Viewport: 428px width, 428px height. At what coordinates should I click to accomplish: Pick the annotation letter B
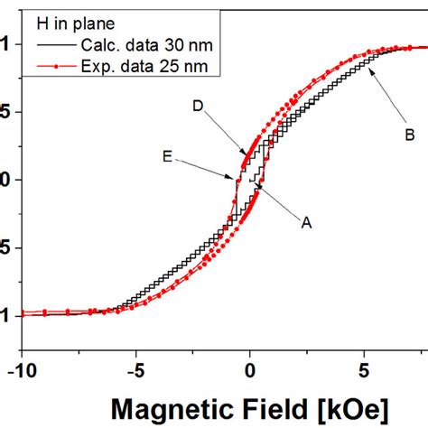pyautogui.click(x=408, y=135)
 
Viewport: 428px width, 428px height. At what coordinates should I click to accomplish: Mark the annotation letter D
pyautogui.click(x=197, y=107)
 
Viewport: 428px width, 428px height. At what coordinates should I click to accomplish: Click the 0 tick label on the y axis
pyautogui.click(x=6, y=180)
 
